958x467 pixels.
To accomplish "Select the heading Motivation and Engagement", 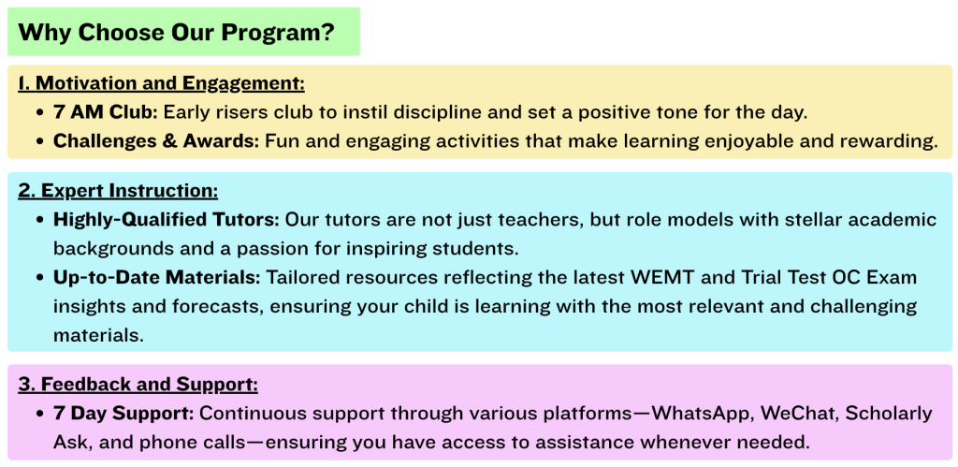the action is [x=161, y=83].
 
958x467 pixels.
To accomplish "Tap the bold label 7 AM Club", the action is [x=106, y=112].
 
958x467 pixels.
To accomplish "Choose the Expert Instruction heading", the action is [x=118, y=191].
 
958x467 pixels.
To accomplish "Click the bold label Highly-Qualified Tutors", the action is [x=167, y=219].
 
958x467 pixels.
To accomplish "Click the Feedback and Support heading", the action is [x=138, y=384].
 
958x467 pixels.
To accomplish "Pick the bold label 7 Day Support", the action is [x=123, y=414].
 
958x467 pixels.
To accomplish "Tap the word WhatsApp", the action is [x=696, y=414].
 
